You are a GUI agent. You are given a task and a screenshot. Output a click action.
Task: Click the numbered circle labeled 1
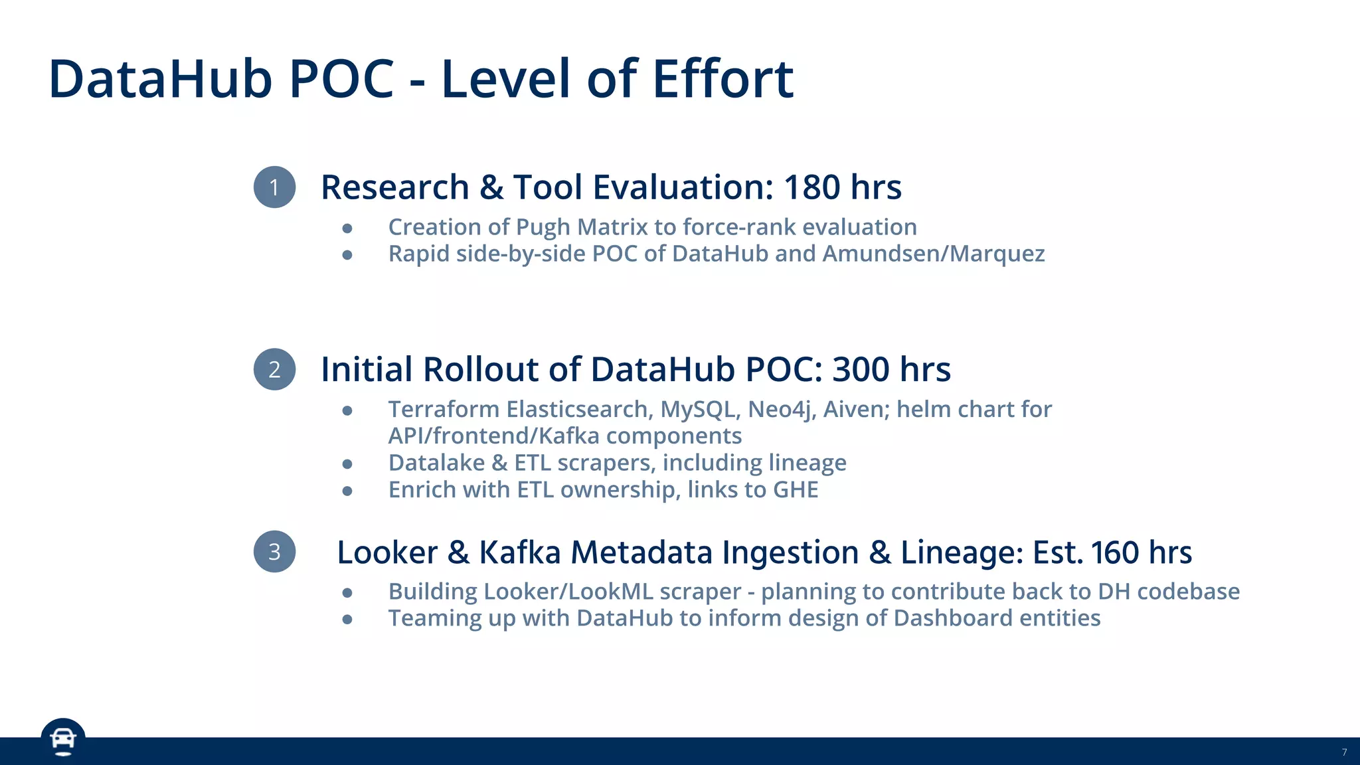(x=274, y=187)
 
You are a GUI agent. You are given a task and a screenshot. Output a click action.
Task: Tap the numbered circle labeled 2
(x=274, y=369)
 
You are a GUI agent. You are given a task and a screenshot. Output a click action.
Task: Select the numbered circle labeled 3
(x=274, y=552)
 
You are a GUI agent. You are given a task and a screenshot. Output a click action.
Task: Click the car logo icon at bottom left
(x=63, y=739)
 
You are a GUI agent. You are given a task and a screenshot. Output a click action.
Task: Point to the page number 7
(x=1344, y=752)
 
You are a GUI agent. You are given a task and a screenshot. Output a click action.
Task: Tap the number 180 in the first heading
(x=811, y=187)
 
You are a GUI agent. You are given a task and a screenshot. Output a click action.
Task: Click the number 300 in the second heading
(x=861, y=369)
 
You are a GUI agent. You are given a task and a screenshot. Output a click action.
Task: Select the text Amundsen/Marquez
(x=934, y=254)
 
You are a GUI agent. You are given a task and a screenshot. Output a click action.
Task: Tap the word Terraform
(x=444, y=409)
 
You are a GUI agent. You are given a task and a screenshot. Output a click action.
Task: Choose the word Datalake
(x=436, y=463)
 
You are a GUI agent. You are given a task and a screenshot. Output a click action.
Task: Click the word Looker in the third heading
(x=387, y=552)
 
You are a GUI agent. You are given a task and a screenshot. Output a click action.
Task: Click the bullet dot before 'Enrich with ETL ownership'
(x=347, y=491)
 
